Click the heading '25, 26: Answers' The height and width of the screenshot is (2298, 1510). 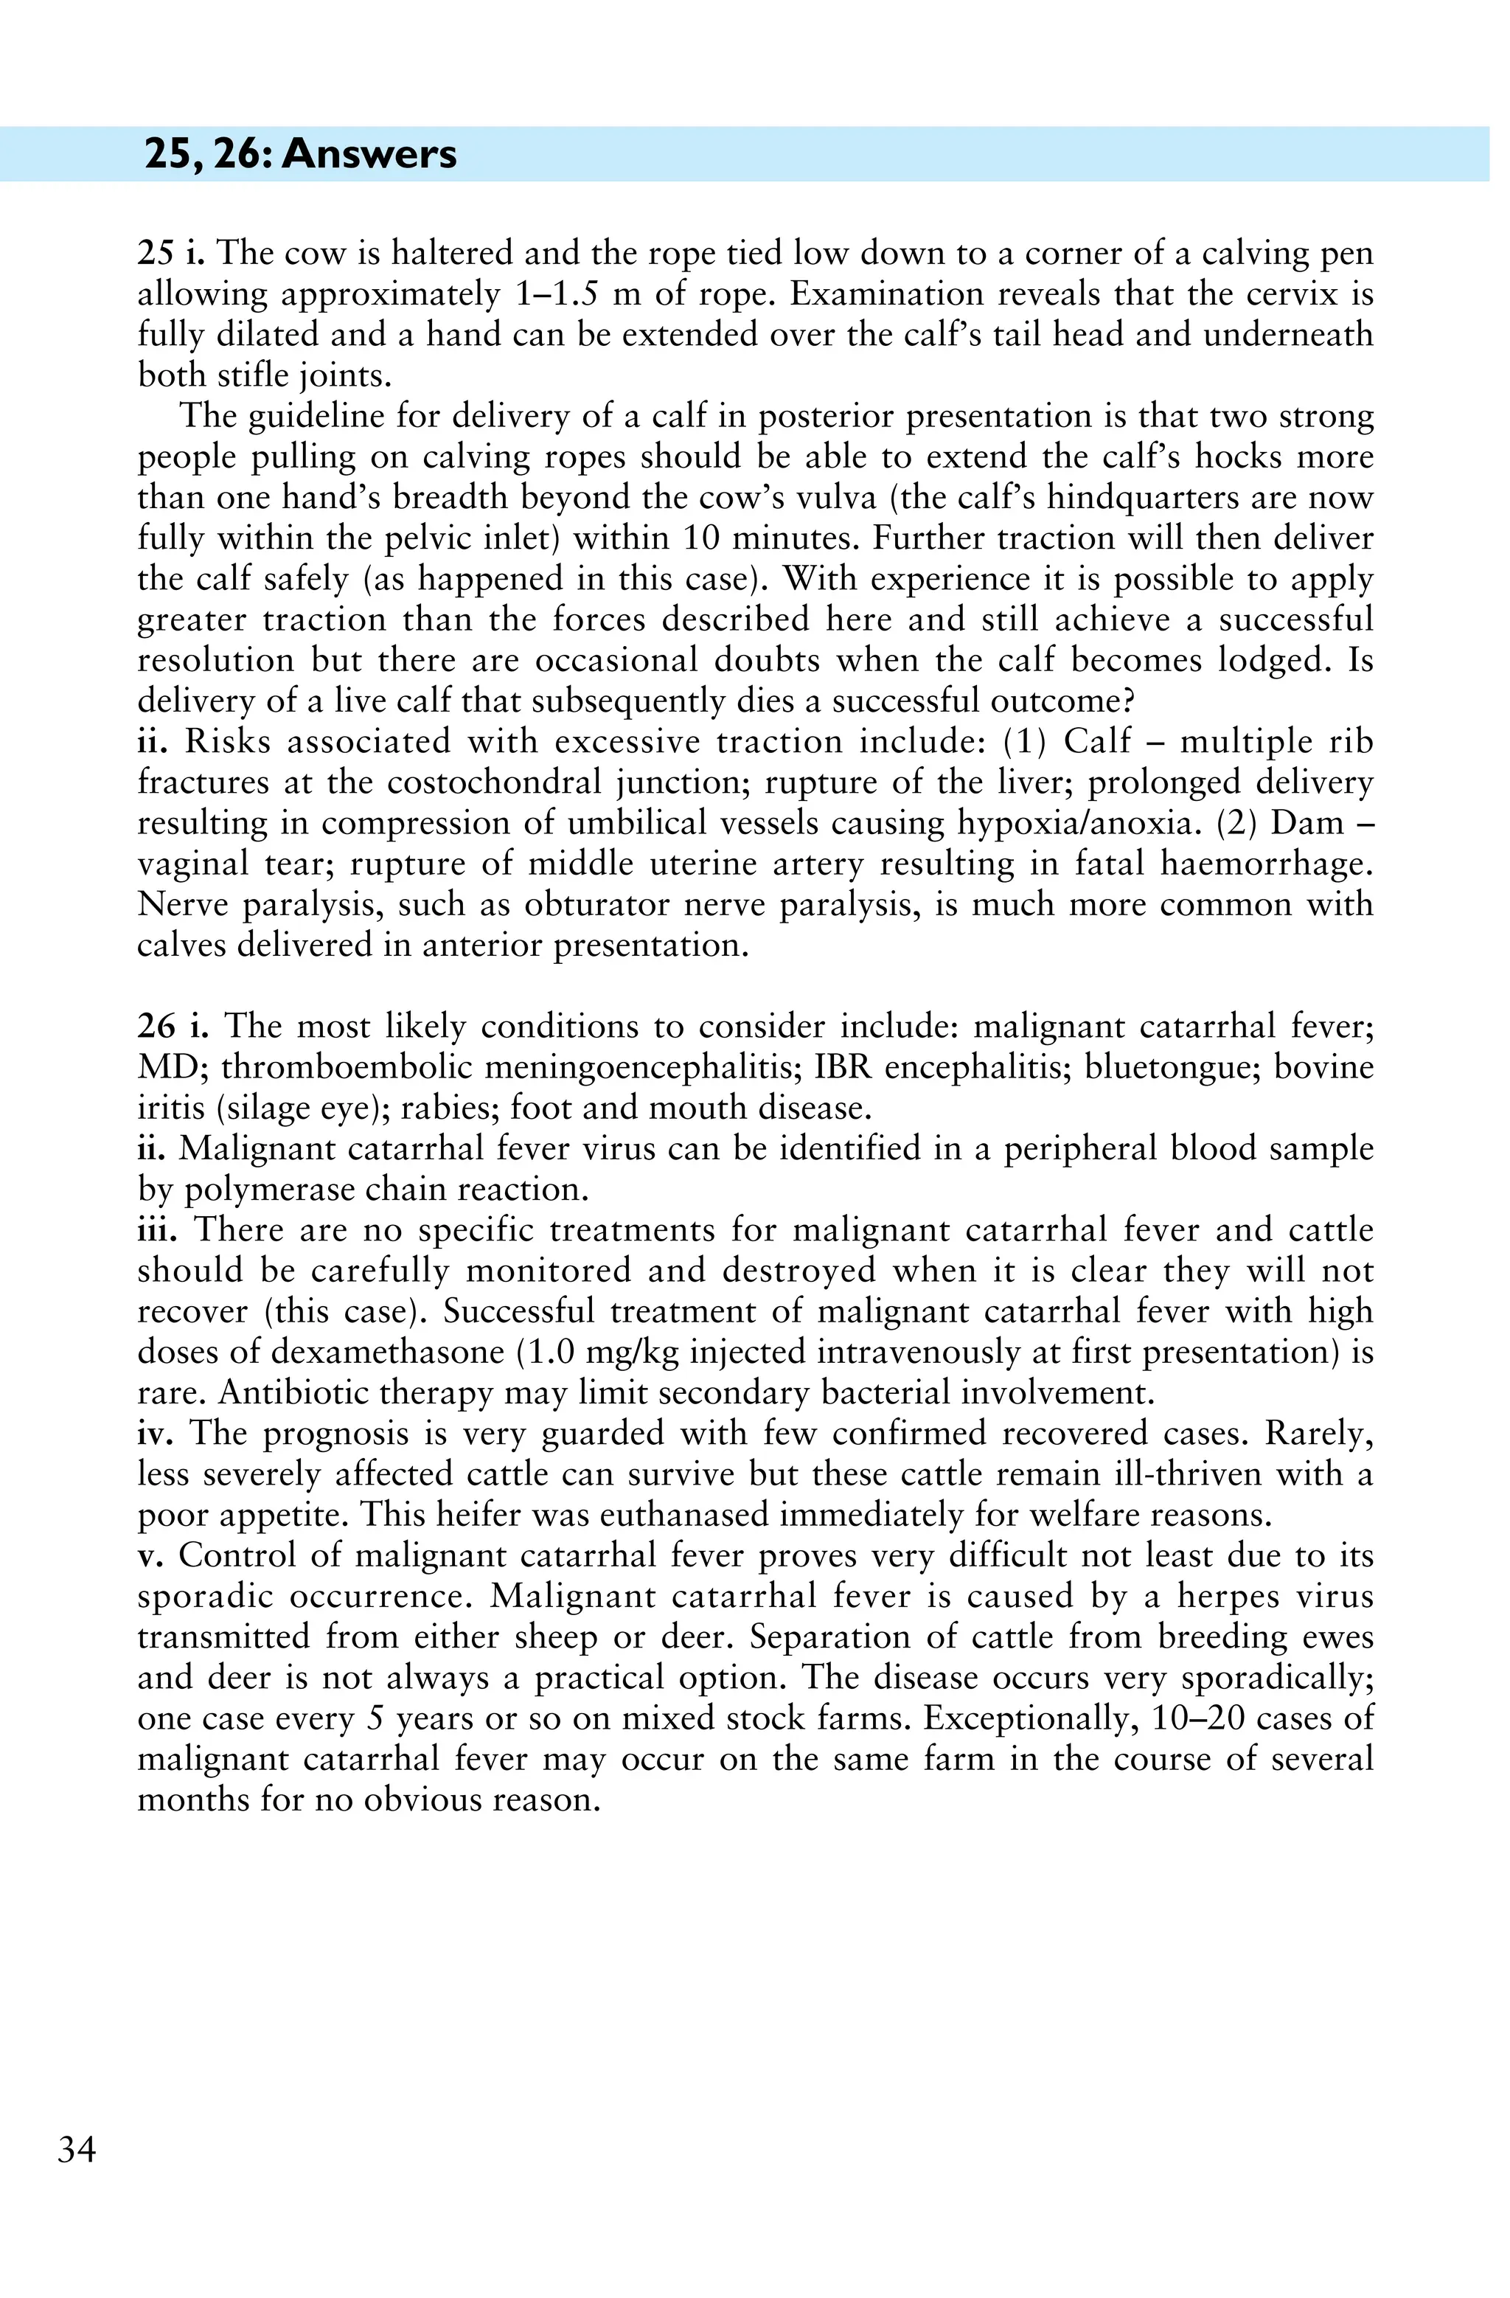300,154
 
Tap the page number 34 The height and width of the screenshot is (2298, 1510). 77,2151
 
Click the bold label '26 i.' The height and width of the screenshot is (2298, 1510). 173,1027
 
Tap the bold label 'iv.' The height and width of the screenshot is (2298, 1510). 155,1434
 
